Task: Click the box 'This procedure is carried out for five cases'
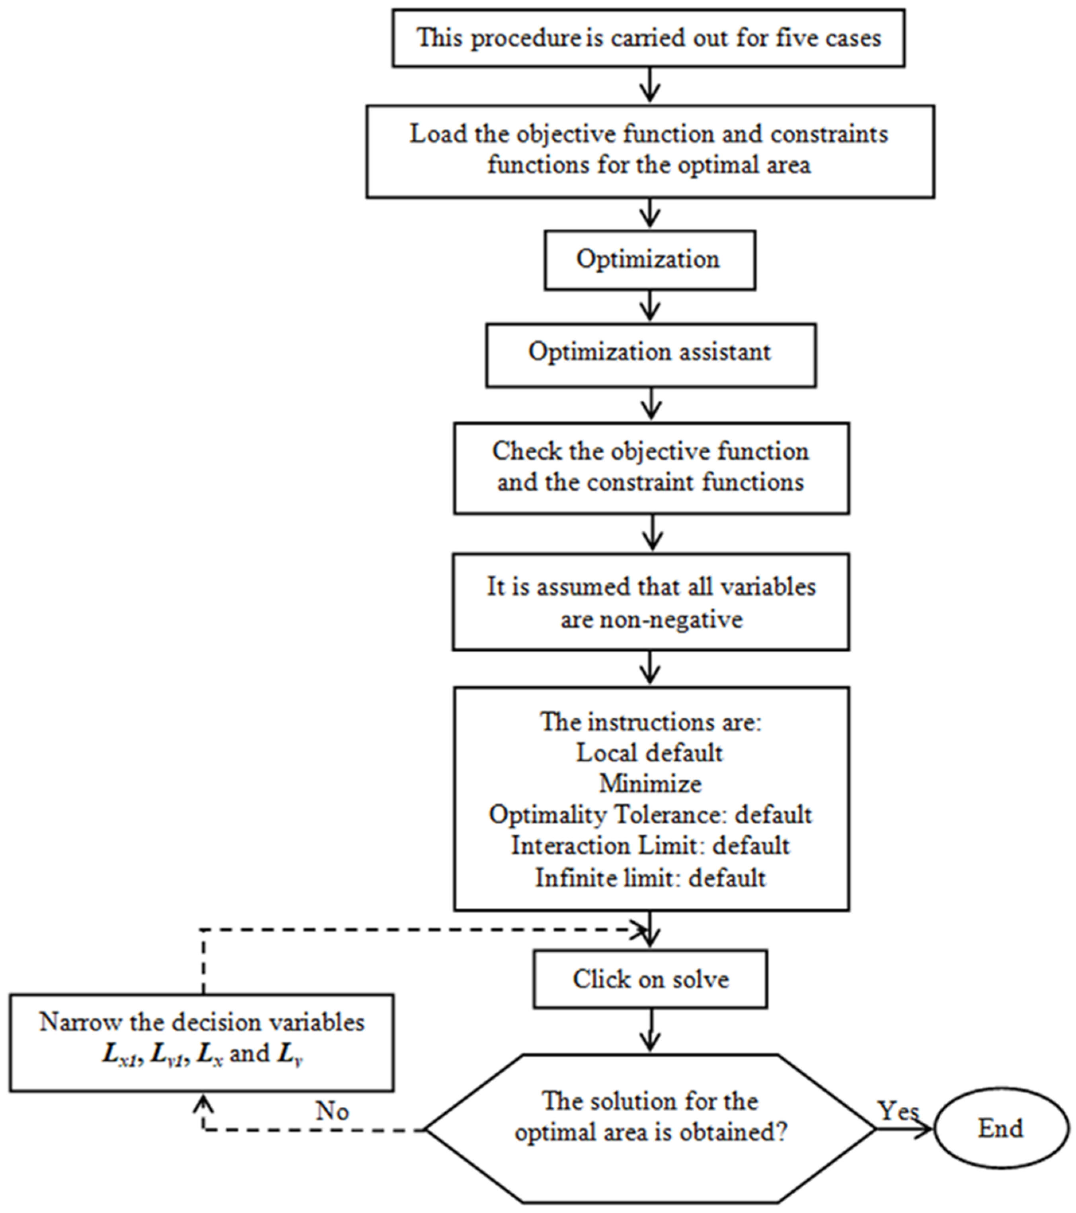pyautogui.click(x=648, y=38)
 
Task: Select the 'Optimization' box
pyautogui.click(x=649, y=260)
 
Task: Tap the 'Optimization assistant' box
pyautogui.click(x=651, y=355)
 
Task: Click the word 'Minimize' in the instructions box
pyautogui.click(x=651, y=784)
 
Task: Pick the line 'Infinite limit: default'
pyautogui.click(x=651, y=878)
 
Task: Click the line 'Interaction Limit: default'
pyautogui.click(x=651, y=846)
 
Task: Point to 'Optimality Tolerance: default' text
pyautogui.click(x=651, y=815)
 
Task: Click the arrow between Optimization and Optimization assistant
pyautogui.click(x=651, y=306)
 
